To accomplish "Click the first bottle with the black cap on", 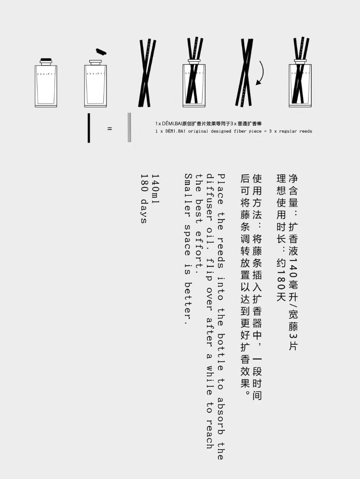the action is tap(46, 83).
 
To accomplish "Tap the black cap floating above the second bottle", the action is tap(101, 51).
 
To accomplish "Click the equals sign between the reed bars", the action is tap(110, 129).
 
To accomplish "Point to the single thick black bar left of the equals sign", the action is tap(89, 128).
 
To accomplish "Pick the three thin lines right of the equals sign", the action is tap(129, 127).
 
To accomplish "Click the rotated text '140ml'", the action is tap(156, 189).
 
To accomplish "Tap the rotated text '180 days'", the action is tap(144, 198).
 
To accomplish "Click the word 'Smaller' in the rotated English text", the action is tap(189, 193).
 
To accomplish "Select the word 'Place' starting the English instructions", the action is tap(222, 189).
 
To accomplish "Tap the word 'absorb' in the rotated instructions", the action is tap(222, 415).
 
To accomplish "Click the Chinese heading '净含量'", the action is tap(293, 191).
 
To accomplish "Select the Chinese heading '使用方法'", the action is tap(257, 197).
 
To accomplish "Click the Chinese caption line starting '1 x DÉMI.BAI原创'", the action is tap(208, 123).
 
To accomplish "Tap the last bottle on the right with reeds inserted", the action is tap(300, 72).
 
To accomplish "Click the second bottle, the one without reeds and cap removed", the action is tap(96, 83).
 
